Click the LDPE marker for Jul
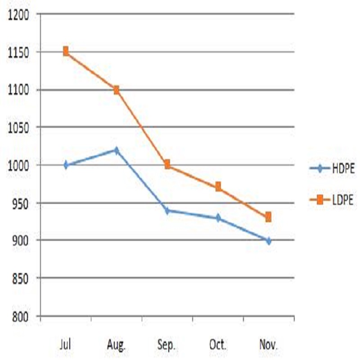pos(66,51)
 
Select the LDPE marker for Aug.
pos(117,90)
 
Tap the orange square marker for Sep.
pos(167,165)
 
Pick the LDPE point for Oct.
pos(218,187)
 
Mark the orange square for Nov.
pos(269,217)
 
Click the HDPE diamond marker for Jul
pos(66,165)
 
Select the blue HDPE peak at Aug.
pos(117,150)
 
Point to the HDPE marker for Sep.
pos(167,210)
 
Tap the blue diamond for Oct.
pos(218,218)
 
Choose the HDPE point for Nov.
pos(269,241)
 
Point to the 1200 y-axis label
pos(18,15)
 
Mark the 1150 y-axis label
pos(18,53)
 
